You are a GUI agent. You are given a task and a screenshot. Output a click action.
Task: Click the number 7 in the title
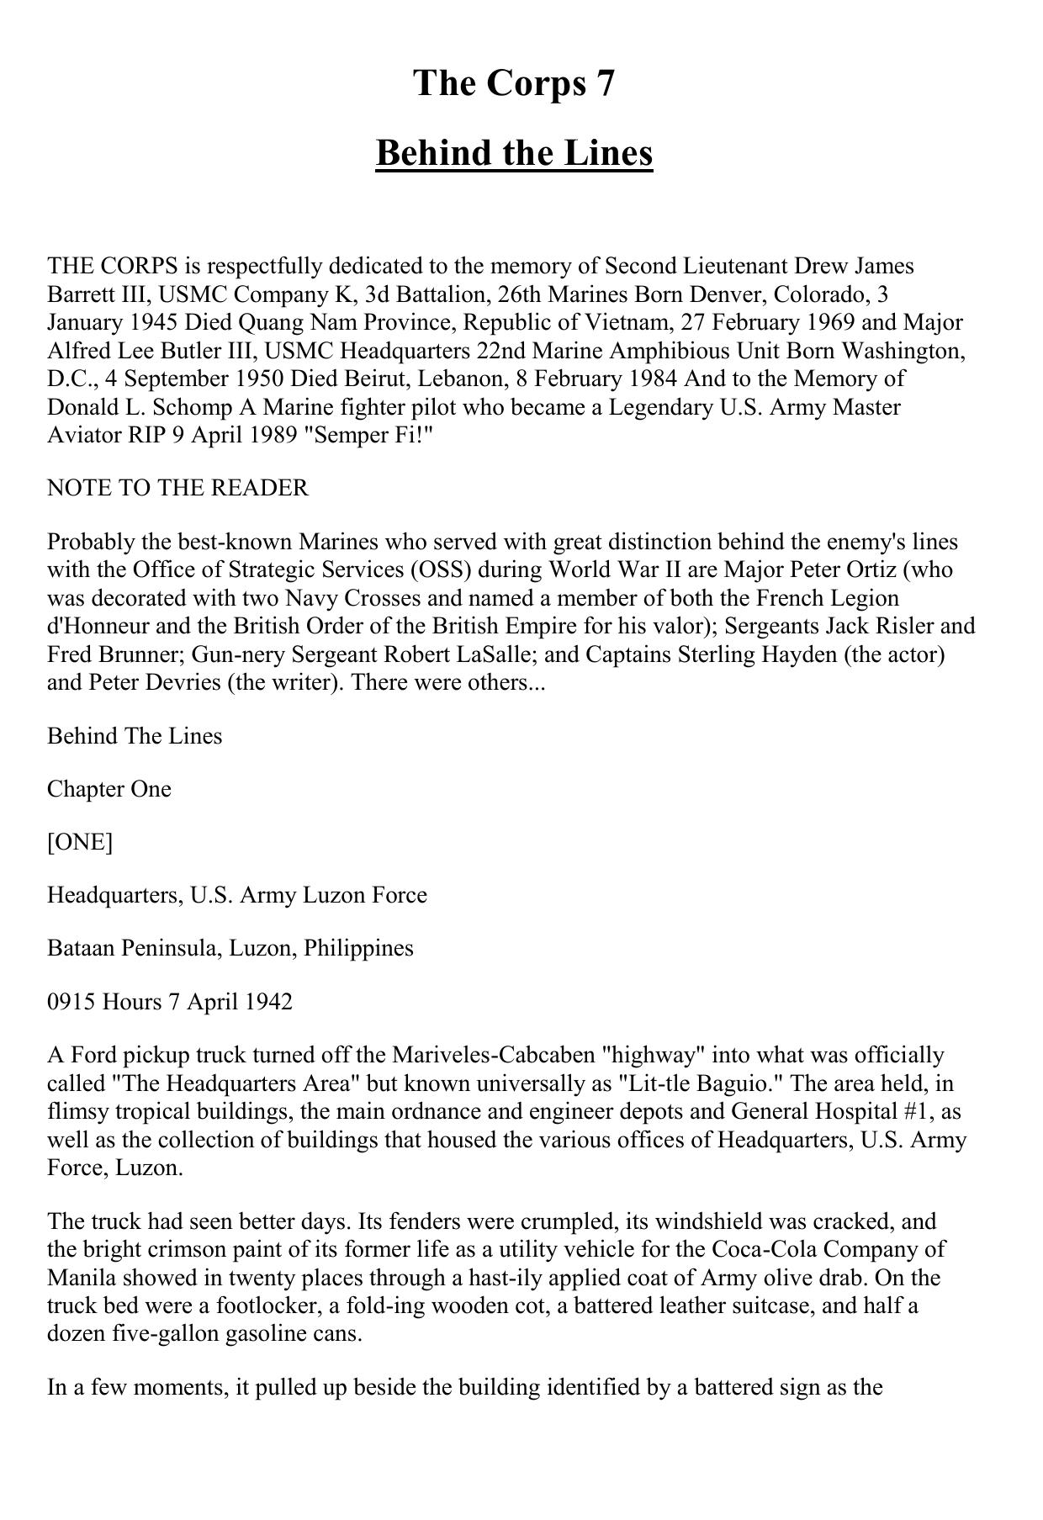click(x=605, y=84)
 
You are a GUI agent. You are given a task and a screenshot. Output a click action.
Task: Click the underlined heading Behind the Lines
click(x=514, y=154)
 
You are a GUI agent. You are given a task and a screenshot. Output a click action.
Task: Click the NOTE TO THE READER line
click(x=177, y=488)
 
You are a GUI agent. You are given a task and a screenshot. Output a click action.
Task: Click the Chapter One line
click(x=109, y=789)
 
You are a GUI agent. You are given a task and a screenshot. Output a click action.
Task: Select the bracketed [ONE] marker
click(x=80, y=842)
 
